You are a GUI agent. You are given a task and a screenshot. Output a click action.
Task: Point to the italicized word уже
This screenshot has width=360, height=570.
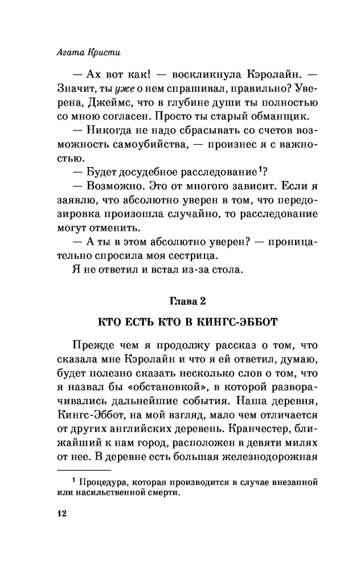[123, 89]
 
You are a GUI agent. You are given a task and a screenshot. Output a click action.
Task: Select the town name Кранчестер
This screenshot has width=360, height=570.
[243, 406]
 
